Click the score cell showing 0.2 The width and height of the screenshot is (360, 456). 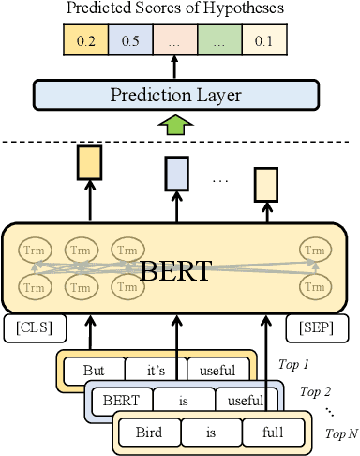[x=84, y=41]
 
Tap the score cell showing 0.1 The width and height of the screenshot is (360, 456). [x=264, y=41]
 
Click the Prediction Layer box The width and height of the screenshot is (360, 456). [x=175, y=95]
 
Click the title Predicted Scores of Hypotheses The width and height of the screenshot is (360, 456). [x=175, y=9]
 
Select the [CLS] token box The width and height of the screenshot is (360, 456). [x=33, y=328]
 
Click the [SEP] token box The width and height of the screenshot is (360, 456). [x=316, y=328]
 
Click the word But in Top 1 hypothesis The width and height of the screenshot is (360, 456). [x=94, y=370]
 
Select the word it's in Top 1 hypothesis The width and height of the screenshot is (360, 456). [x=153, y=370]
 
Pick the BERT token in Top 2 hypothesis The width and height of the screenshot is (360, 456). [x=121, y=401]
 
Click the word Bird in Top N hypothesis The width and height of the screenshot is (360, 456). [x=148, y=433]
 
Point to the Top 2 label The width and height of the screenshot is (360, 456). [x=316, y=390]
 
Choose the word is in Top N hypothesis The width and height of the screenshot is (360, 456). [x=211, y=433]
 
